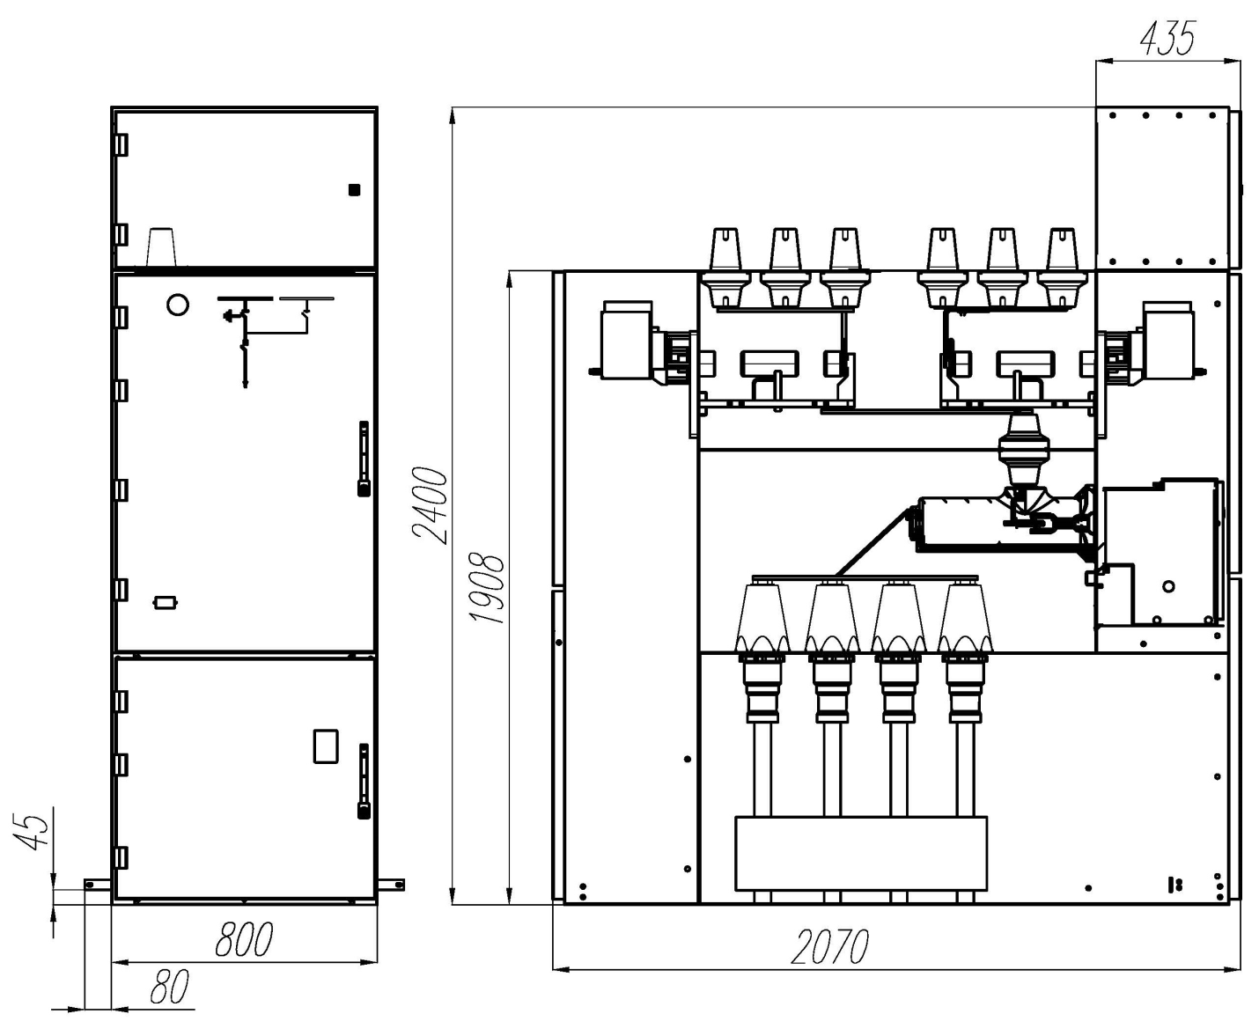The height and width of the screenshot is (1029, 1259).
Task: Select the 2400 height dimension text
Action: click(430, 505)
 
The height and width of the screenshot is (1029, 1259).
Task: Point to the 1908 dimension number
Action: click(487, 589)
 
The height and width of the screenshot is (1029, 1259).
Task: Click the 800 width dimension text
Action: click(244, 939)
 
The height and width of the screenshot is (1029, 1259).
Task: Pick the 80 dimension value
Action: click(170, 988)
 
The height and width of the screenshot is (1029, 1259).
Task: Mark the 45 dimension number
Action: click(30, 830)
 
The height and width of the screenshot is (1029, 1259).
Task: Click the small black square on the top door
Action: click(354, 190)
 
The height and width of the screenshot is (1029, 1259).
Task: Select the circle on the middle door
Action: click(177, 305)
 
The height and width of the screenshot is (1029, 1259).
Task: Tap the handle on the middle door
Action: click(363, 459)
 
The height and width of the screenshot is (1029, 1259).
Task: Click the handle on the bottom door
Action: click(363, 782)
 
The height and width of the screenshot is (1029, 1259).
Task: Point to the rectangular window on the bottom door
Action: click(326, 746)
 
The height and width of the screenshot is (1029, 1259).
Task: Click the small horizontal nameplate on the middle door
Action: click(166, 603)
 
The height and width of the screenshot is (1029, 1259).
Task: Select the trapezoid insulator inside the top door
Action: click(162, 247)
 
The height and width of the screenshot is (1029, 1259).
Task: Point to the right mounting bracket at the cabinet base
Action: click(391, 884)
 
